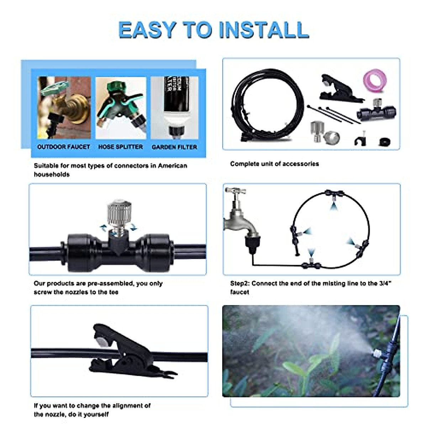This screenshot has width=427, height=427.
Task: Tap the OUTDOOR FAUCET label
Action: (64, 147)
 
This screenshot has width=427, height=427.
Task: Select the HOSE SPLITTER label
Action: (121, 147)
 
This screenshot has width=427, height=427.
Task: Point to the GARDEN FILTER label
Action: (174, 147)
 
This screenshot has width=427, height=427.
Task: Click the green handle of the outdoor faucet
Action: (54, 88)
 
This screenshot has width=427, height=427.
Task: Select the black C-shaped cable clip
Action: (360, 141)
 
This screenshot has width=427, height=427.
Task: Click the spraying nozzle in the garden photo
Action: (376, 353)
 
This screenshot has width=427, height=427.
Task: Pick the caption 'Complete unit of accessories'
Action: (274, 164)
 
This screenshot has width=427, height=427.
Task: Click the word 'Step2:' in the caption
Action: (240, 284)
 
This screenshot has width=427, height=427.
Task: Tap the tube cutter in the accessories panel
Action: (338, 89)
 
